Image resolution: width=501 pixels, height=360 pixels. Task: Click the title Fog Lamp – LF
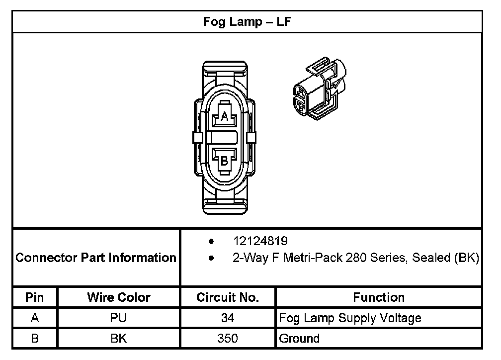coord(247,22)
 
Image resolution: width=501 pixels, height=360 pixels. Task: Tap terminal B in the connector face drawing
coord(224,161)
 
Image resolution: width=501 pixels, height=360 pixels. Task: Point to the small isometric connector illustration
coord(320,89)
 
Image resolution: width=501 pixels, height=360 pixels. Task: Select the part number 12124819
coord(260,241)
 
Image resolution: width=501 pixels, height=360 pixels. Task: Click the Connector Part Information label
coord(96,258)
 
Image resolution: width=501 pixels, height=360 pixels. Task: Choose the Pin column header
coord(34,297)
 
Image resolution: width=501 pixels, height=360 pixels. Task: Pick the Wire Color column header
coord(118,297)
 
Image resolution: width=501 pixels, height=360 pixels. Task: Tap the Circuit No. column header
coord(228,297)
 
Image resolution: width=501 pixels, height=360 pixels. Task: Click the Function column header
coord(379,297)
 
